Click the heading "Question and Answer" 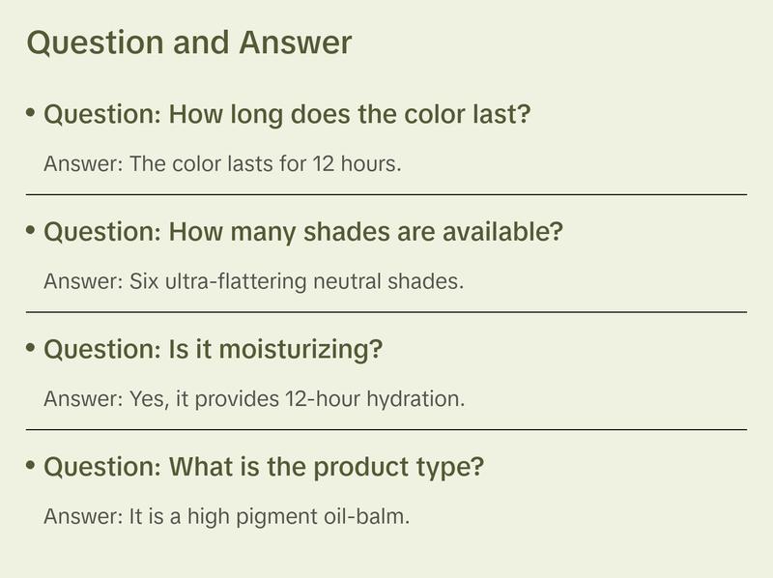[x=188, y=43]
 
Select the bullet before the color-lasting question [x=31, y=113]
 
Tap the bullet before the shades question [x=31, y=231]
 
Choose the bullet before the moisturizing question [x=31, y=348]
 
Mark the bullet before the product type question [x=31, y=466]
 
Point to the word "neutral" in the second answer [x=349, y=281]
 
